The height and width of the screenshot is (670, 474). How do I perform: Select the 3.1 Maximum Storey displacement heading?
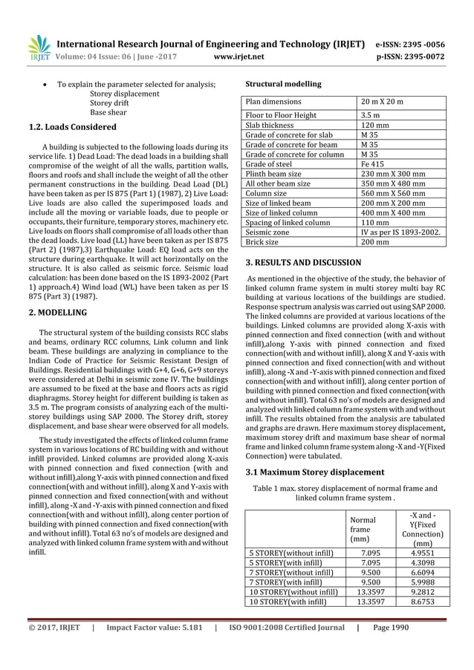(315, 472)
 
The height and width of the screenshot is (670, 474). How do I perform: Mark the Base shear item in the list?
(108, 112)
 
